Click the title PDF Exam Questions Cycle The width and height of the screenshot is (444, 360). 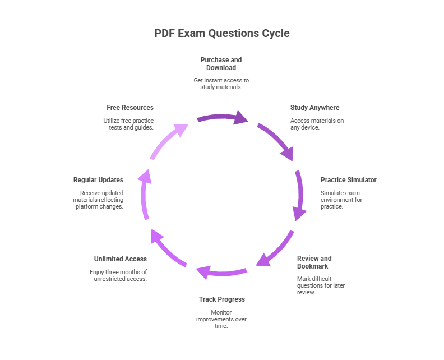coord(222,33)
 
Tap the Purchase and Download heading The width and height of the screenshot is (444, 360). coord(221,63)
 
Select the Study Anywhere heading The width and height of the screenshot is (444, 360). coord(314,108)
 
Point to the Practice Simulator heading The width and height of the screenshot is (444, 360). coord(348,180)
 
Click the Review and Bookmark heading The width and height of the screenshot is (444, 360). coord(314,262)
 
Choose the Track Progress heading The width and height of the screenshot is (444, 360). coord(221,299)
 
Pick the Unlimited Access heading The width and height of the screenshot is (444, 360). coord(120,259)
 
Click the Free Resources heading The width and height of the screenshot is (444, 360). coord(129,108)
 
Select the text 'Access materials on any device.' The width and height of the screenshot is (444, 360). coord(317,124)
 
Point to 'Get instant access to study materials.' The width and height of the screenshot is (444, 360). coord(221,84)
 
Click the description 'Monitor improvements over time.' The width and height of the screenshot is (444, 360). coord(221,319)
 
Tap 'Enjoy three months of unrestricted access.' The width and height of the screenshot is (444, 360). coord(118,275)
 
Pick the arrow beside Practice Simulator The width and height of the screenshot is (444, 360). coord(299,196)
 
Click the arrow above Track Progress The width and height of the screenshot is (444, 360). coord(221,273)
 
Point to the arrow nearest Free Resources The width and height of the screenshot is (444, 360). coord(168,141)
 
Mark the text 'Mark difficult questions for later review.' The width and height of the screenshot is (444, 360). coord(321,285)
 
